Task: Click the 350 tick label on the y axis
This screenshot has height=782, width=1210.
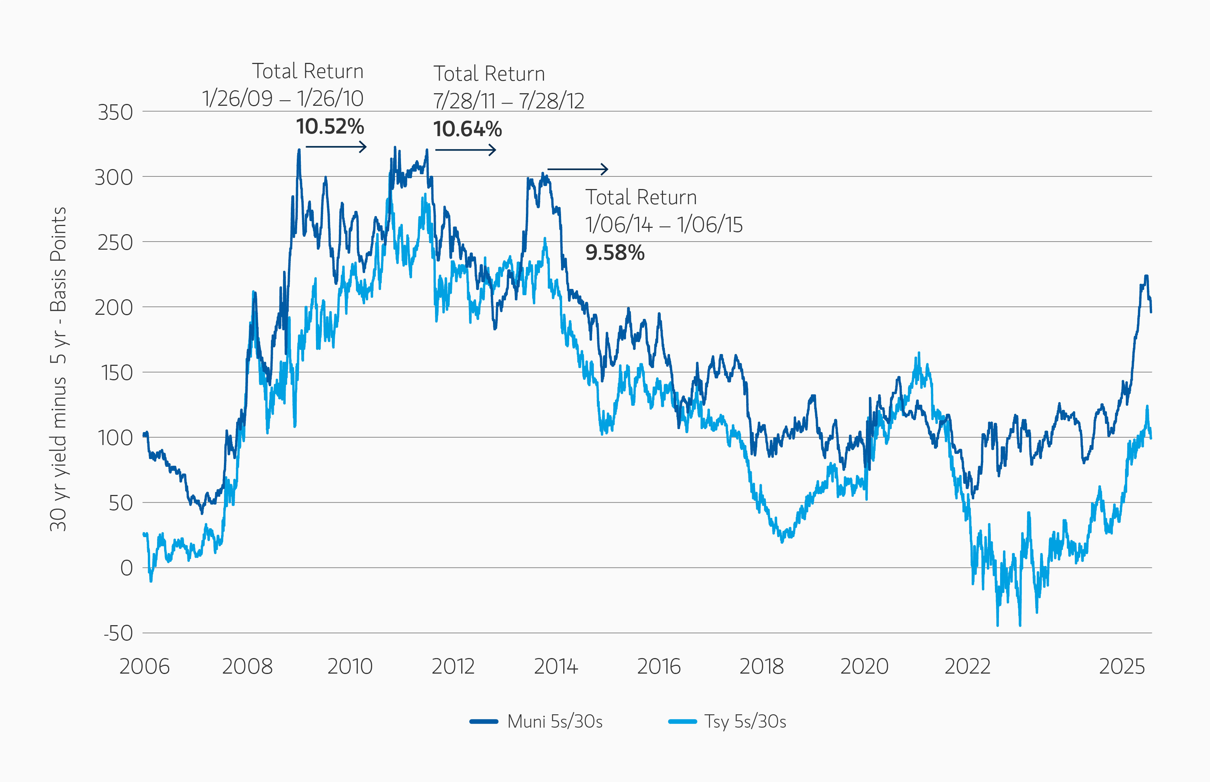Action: click(115, 112)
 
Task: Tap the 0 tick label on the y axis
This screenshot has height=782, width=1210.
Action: click(126, 568)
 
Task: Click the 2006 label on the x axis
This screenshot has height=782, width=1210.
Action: click(145, 666)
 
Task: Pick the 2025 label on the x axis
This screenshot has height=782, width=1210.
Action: click(1122, 666)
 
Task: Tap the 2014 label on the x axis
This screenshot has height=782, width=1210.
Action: click(556, 666)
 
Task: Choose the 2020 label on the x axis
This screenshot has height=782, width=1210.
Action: click(864, 666)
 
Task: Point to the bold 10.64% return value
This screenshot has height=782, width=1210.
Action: click(467, 129)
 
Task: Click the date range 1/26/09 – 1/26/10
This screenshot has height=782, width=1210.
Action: click(283, 98)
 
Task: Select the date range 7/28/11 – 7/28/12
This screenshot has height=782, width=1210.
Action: click(508, 101)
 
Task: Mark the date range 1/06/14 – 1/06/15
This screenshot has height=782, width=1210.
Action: click(664, 225)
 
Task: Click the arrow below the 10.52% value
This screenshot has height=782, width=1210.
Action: click(336, 147)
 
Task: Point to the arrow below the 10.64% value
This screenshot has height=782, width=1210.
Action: click(466, 150)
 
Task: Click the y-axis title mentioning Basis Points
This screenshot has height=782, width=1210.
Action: click(58, 369)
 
